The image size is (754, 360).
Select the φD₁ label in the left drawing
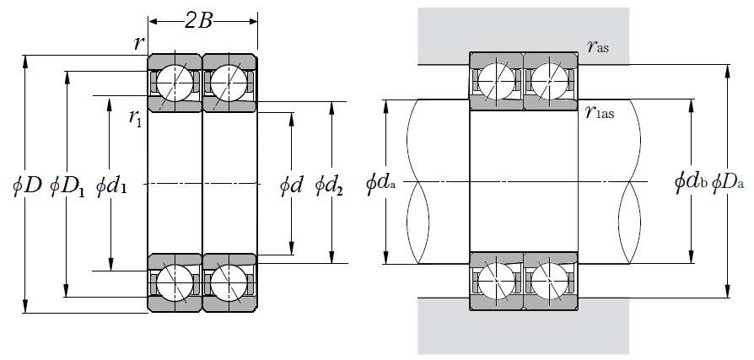coord(67,184)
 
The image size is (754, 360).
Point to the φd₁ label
coord(111,184)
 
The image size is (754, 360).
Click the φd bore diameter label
coord(291,184)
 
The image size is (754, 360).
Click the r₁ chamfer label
coord(135,117)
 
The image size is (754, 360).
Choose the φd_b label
coord(690,181)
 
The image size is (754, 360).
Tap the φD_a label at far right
coord(728,181)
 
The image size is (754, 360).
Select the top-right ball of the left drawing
coord(229,83)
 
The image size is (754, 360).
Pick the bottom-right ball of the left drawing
coord(229,283)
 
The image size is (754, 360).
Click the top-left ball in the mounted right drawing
coord(497,81)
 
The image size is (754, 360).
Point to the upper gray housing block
coord(523,30)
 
